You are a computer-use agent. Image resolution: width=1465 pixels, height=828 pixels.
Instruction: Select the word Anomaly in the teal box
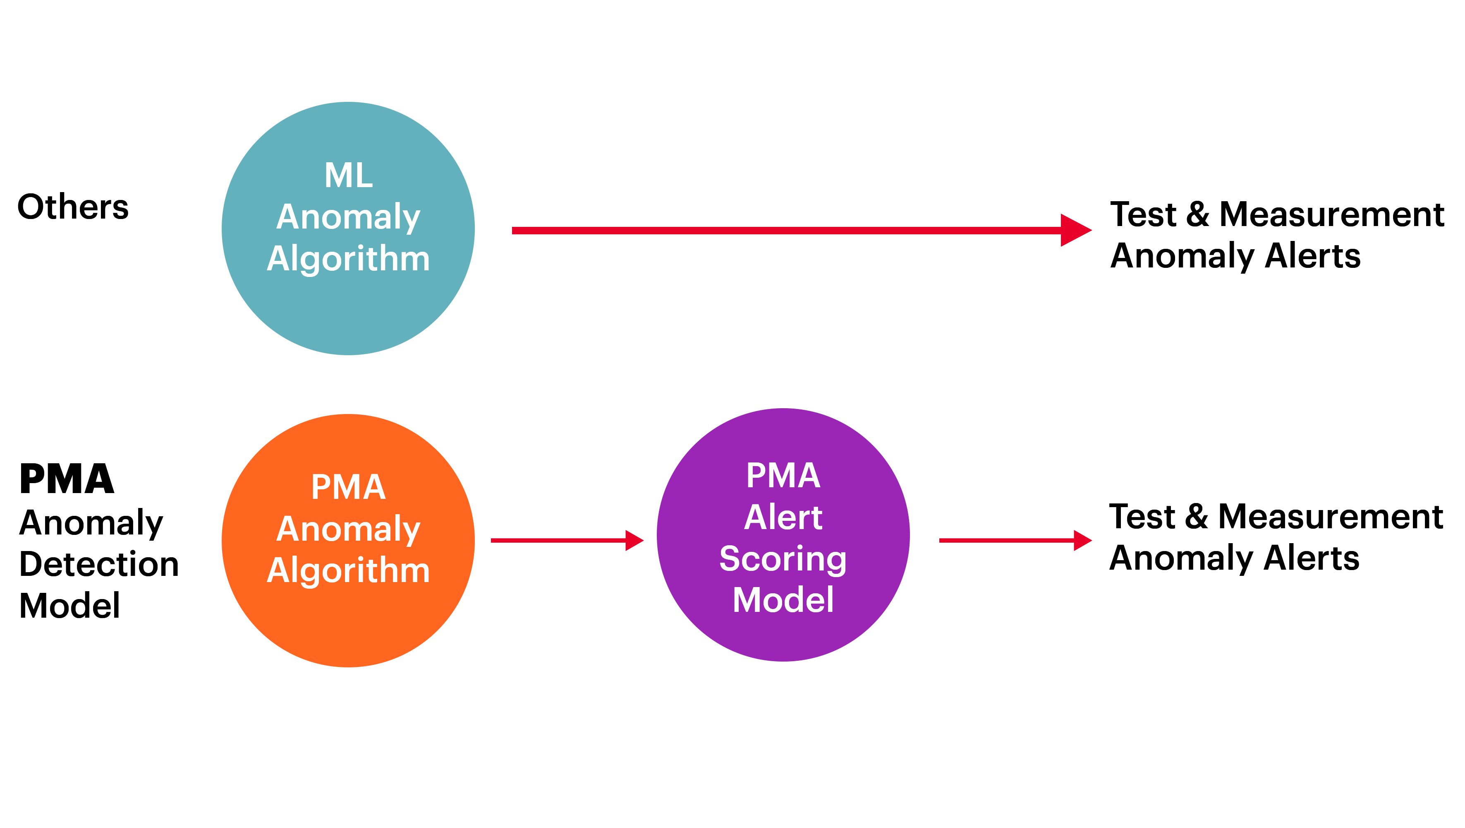(x=348, y=218)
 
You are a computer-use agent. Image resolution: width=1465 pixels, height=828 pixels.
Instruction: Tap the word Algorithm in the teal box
(x=348, y=259)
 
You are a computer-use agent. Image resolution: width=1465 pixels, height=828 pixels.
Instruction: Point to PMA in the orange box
(x=348, y=487)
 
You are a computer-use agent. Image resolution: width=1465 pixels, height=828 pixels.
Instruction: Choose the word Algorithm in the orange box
(x=348, y=571)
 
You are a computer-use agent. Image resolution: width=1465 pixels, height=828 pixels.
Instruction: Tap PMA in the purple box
(x=783, y=475)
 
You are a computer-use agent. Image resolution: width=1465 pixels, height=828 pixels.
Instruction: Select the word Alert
(x=783, y=517)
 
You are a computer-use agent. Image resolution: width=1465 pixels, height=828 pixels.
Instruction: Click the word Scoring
(x=783, y=559)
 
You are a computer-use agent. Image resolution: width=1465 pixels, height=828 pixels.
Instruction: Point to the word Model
(x=783, y=600)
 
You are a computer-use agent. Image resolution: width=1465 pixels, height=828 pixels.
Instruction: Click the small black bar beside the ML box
(x=73, y=205)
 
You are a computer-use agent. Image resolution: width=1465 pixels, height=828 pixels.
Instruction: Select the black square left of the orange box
(x=98, y=541)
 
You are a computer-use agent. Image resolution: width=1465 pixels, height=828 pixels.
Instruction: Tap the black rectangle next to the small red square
(x=1277, y=237)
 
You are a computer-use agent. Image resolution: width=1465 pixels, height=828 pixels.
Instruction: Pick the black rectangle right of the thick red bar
(x=1276, y=539)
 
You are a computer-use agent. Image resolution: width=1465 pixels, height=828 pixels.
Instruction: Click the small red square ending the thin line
(x=1076, y=230)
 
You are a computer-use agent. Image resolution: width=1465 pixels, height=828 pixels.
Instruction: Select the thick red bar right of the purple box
(x=1015, y=541)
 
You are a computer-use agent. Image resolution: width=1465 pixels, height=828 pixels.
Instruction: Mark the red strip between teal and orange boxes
(x=458, y=385)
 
